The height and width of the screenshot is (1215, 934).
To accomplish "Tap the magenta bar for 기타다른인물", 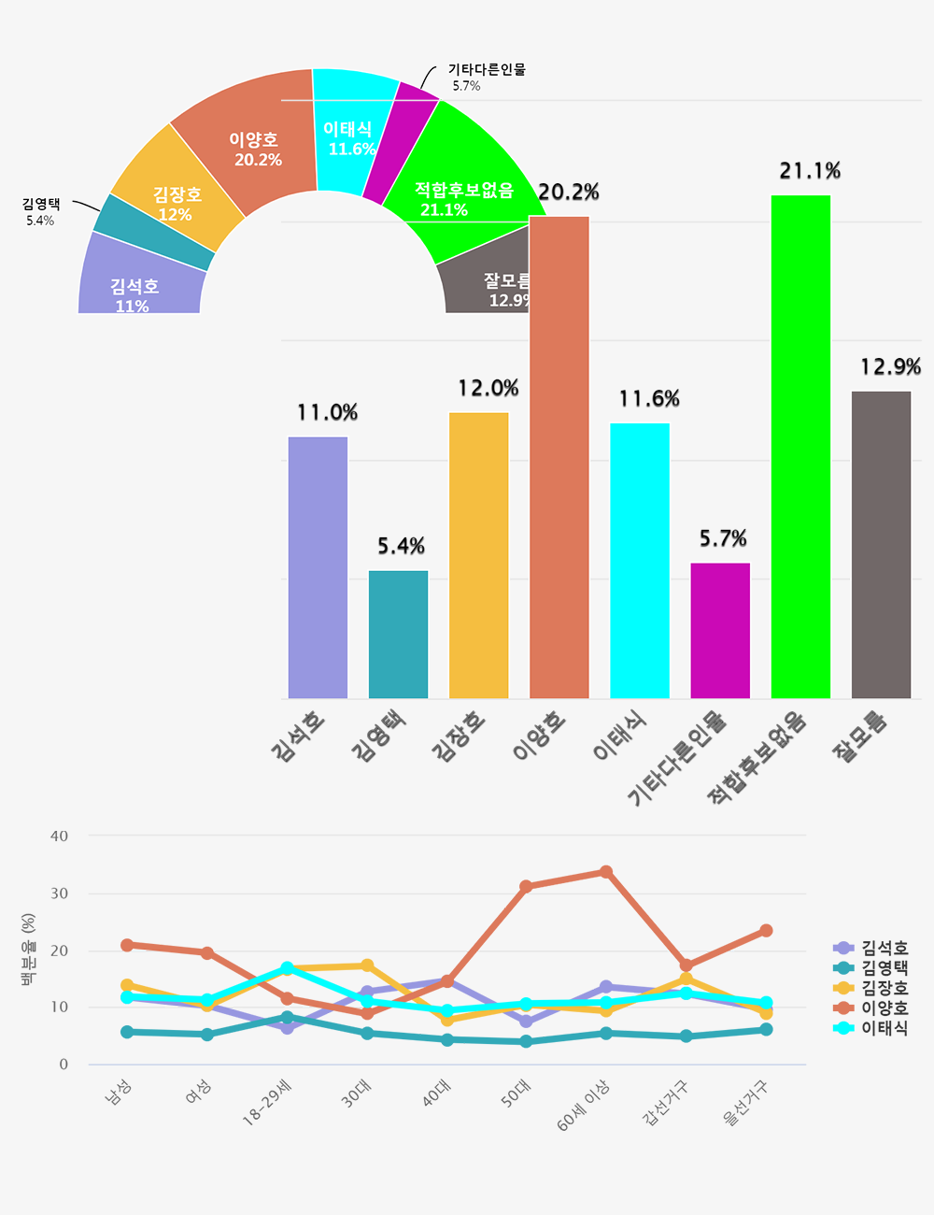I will point(720,630).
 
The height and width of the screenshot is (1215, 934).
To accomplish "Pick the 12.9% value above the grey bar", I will point(890,367).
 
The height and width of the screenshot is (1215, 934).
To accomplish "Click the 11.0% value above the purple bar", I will point(327,413).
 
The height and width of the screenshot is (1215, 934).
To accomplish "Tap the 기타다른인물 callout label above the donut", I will point(486,70).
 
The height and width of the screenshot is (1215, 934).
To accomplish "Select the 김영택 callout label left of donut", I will point(41,205).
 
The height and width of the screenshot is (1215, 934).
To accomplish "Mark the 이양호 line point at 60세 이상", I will point(606,872).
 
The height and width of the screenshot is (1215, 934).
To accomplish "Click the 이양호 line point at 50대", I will point(526,886).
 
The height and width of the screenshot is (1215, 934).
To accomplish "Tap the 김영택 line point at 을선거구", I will point(766,1029).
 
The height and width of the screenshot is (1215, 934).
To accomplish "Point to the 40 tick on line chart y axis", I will point(60,836).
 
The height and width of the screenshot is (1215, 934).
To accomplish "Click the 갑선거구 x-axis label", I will point(665,1103).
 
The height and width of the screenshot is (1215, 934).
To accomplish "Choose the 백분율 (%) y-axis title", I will point(29,951).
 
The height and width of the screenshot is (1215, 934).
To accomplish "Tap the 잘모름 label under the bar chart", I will point(860,737).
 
